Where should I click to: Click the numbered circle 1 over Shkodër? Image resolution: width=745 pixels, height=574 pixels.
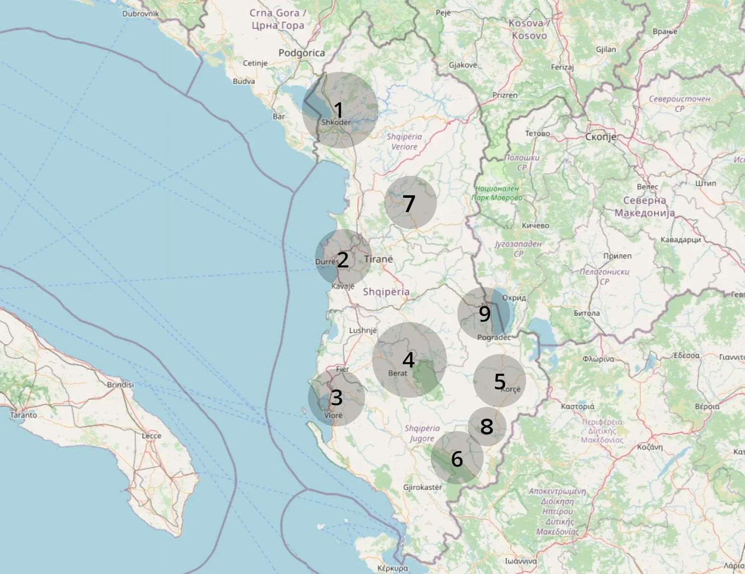point(340,110)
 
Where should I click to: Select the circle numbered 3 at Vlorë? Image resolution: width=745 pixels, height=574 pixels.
point(336,398)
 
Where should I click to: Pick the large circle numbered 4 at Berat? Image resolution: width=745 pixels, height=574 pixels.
point(409,360)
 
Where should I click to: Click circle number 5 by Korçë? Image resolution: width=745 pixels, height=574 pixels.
point(500,381)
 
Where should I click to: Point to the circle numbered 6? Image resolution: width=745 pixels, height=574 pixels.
point(457,458)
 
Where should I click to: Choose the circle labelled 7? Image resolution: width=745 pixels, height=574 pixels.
point(410,202)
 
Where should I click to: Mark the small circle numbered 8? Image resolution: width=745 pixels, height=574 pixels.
point(487,426)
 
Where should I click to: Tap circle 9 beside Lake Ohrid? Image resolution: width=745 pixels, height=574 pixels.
point(484,314)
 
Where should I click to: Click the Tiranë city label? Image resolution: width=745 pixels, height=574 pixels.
point(378,259)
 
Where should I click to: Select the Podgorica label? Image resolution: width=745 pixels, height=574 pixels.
point(301,53)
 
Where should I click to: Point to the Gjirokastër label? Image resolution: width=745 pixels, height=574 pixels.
point(423,487)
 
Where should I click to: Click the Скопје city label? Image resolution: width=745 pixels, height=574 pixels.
point(600,137)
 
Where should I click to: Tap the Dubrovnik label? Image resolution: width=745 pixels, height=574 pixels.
point(141,13)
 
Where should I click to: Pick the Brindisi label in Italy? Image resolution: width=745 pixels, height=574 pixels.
point(120,384)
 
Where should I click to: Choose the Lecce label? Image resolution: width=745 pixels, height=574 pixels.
point(151,436)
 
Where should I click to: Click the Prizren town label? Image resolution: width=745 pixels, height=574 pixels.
point(505,95)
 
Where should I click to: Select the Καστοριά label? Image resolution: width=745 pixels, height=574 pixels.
point(577,407)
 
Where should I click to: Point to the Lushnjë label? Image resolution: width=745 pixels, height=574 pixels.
point(363,330)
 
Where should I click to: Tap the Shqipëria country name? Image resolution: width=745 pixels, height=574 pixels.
point(386,292)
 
